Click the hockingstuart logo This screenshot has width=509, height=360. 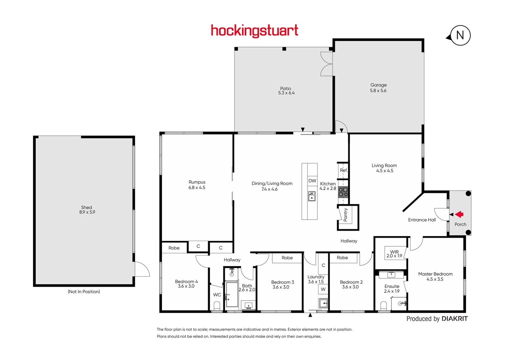[254, 31]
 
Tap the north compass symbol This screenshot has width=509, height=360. [460, 35]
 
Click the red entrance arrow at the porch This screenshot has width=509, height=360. [460, 214]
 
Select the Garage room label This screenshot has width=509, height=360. [378, 85]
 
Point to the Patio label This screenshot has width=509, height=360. [285, 88]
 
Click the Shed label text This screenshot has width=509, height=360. [87, 207]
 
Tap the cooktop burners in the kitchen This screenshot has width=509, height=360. [343, 192]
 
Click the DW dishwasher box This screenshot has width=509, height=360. [312, 181]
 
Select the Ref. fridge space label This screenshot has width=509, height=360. [343, 170]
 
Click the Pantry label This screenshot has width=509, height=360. [345, 215]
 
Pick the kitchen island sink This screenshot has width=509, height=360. [312, 196]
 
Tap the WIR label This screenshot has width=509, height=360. [394, 252]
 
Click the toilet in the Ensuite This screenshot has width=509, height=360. [383, 306]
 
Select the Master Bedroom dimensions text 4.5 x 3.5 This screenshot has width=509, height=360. [435, 279]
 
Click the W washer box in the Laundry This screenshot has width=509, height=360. [323, 289]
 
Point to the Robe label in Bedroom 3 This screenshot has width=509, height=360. [287, 258]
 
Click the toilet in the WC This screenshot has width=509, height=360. [217, 306]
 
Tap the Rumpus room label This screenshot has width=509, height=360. [197, 182]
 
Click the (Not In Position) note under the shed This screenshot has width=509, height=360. [84, 292]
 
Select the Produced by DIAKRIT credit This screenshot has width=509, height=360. [437, 319]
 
